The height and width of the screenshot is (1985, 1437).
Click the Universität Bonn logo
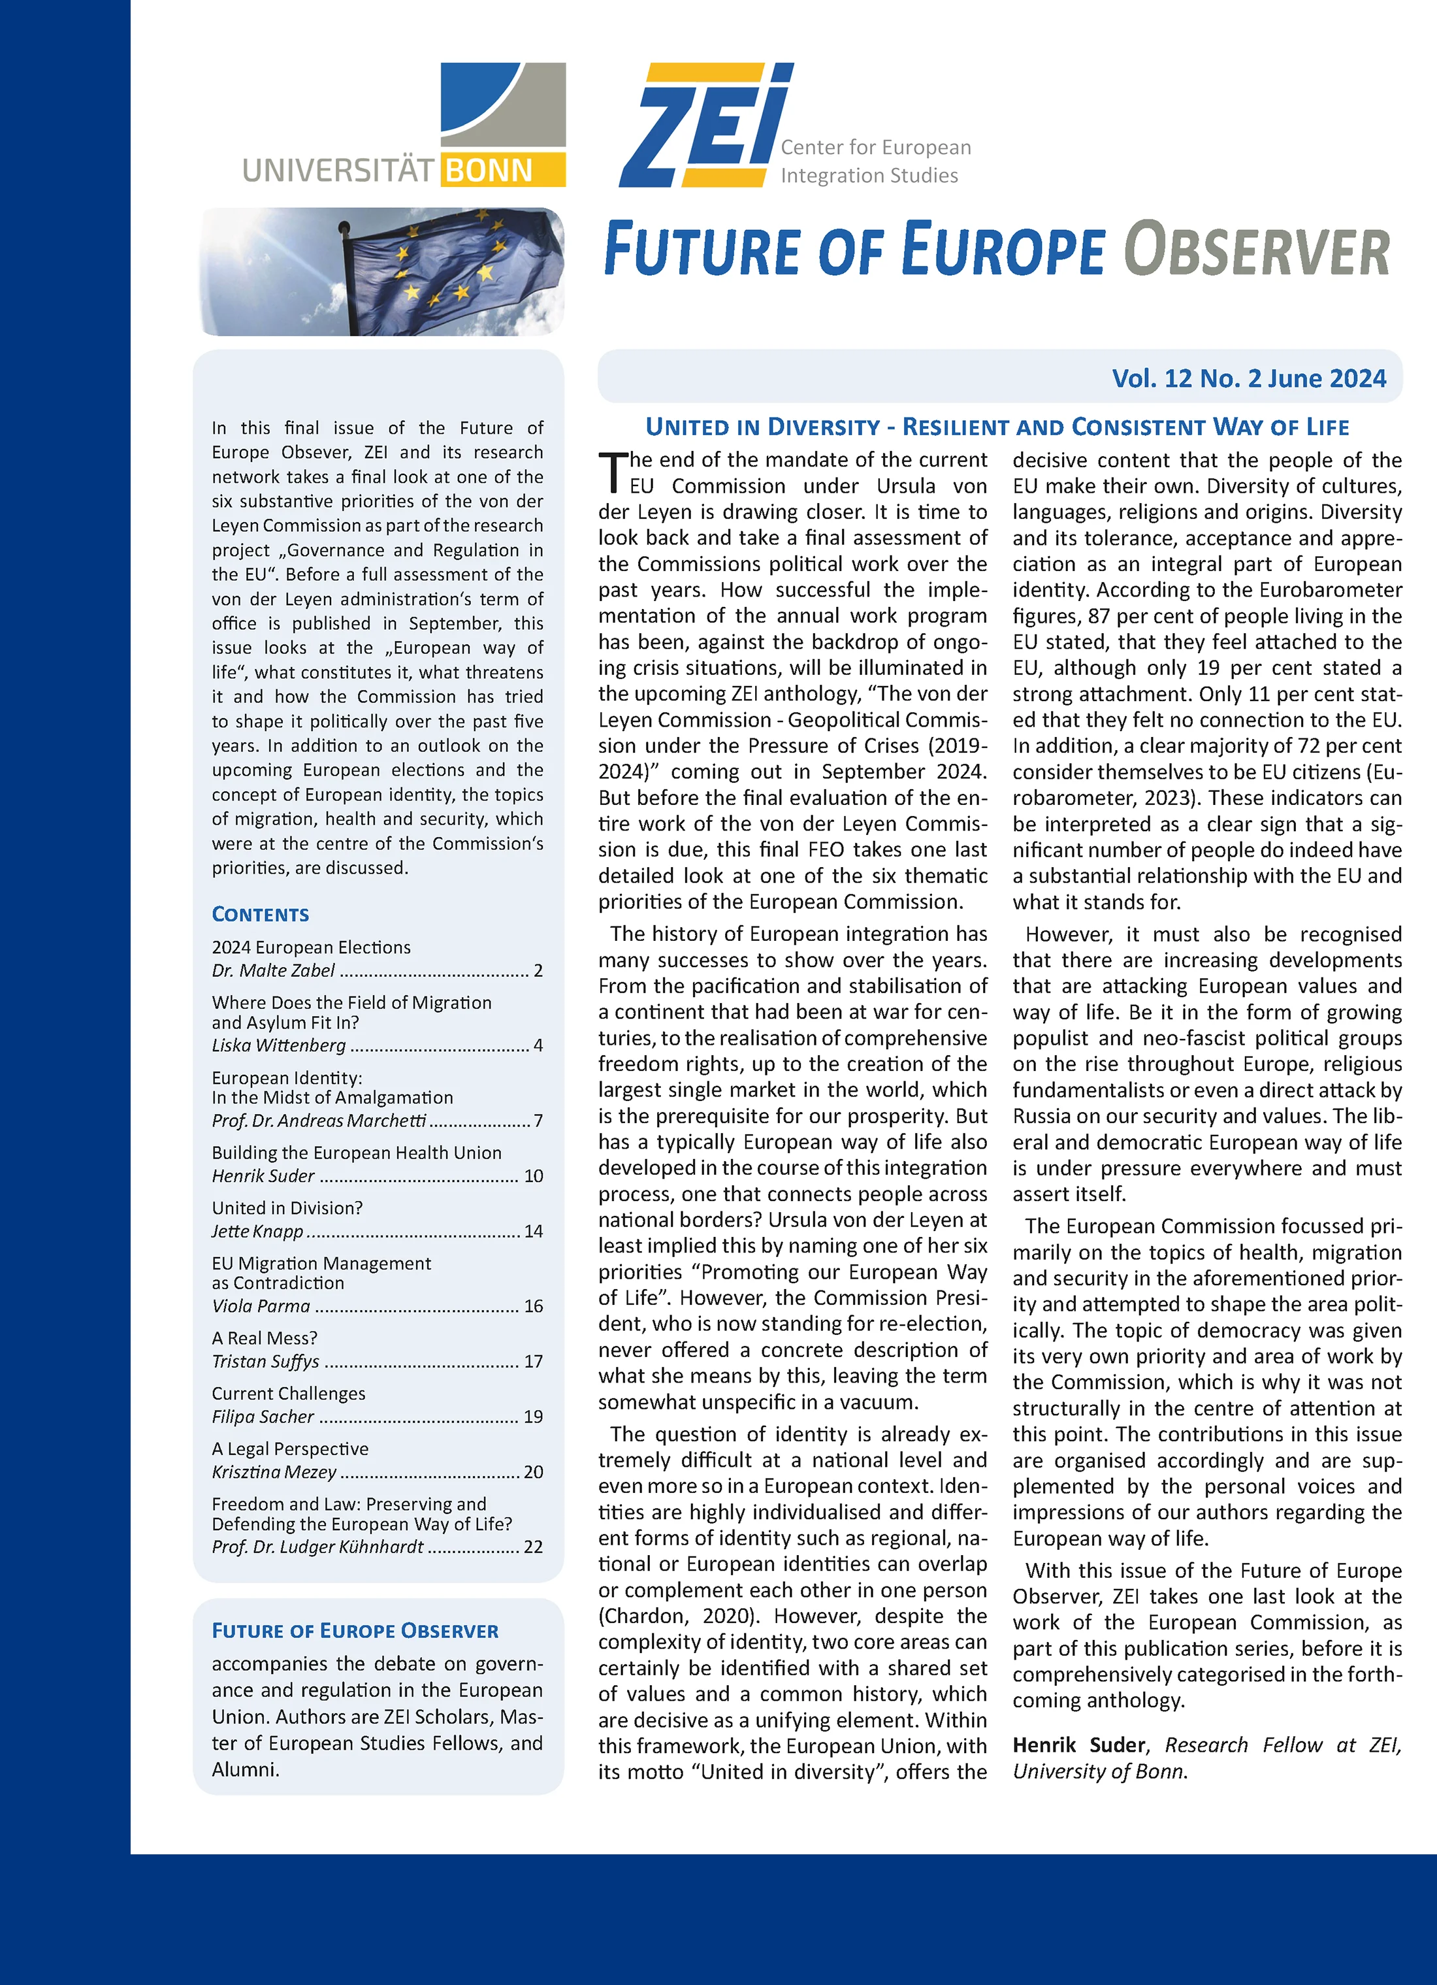click(404, 125)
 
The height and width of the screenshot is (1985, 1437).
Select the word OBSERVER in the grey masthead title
click(1257, 250)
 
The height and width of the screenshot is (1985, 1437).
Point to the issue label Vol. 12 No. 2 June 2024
click(1249, 378)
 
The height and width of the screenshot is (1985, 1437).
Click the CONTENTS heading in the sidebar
click(260, 915)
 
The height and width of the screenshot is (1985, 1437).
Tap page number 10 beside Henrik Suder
click(533, 1175)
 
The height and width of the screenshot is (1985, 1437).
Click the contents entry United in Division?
click(287, 1208)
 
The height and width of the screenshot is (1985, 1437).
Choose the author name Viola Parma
click(261, 1306)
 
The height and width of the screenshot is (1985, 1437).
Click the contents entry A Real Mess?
click(265, 1338)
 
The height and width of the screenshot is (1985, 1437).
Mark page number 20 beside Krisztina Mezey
click(533, 1472)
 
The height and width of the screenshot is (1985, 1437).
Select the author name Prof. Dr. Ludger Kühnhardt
click(317, 1547)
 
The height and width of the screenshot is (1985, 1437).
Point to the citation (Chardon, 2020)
click(673, 1616)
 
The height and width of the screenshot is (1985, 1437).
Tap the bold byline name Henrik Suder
click(1078, 1745)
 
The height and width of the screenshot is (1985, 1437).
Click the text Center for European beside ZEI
click(875, 147)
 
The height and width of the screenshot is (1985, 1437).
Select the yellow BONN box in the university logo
click(502, 170)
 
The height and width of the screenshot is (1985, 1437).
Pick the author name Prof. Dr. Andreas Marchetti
click(319, 1121)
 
